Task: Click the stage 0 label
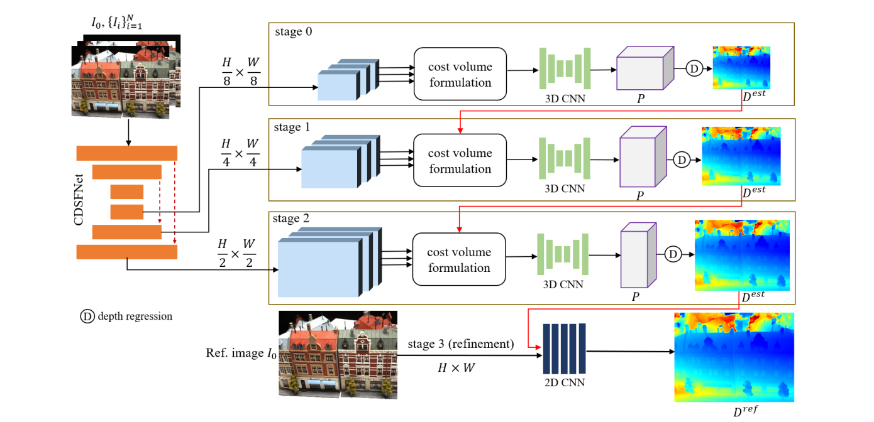pos(292,33)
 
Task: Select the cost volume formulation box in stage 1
pos(460,161)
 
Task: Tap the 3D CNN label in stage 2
pos(563,284)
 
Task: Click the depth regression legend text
pos(135,316)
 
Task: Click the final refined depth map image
pos(734,357)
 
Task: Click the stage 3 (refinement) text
pos(461,344)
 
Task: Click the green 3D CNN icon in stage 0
pos(565,68)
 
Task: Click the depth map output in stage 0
pos(741,67)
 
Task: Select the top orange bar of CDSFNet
pos(126,153)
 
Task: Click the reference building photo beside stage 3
pos(338,354)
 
